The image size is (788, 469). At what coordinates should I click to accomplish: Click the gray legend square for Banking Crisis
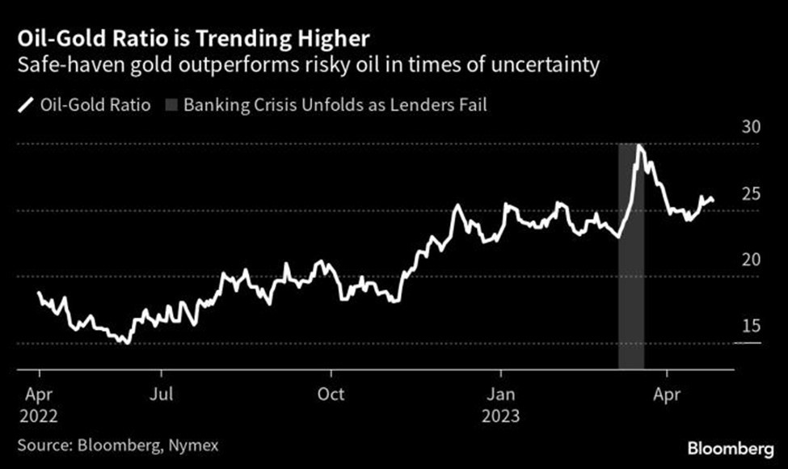pos(171,105)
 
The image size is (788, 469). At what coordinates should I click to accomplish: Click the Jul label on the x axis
pos(162,396)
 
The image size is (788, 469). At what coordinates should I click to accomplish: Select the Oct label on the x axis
pos(331,396)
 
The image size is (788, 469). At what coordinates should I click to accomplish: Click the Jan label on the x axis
pos(501,396)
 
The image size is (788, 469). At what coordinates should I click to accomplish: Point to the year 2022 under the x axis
pos(40,416)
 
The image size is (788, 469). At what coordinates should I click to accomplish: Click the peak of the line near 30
pos(639,146)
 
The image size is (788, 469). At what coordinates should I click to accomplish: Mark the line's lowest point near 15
pos(126,343)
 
